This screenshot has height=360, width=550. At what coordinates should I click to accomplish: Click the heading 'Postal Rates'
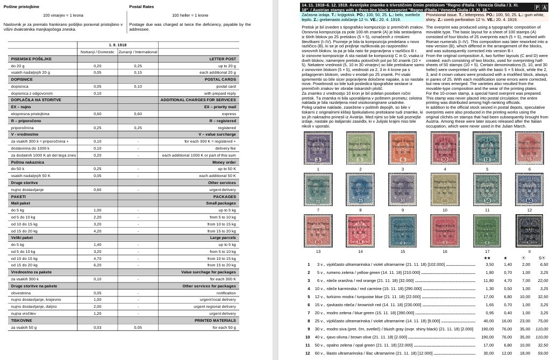pyautogui.click(x=141, y=7)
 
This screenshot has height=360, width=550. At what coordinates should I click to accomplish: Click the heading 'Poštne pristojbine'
pyautogui.click(x=22, y=7)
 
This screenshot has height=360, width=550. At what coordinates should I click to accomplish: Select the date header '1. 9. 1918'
pyautogui.click(x=117, y=45)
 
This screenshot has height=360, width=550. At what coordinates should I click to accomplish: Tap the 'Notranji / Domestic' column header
pyautogui.click(x=97, y=52)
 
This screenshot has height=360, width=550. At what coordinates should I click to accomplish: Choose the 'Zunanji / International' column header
pyautogui.click(x=138, y=52)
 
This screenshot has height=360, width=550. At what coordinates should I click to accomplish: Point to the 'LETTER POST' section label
pyautogui.click(x=223, y=59)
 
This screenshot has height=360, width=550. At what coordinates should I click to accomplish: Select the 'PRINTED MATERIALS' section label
pyautogui.click(x=215, y=320)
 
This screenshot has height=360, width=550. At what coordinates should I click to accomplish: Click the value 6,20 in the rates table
pyautogui.click(x=97, y=265)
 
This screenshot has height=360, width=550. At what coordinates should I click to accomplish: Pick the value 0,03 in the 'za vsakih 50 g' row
pyautogui.click(x=97, y=327)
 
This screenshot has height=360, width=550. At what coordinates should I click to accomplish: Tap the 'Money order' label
pyautogui.click(x=224, y=162)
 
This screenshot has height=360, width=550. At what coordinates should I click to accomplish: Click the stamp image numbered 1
pyautogui.click(x=318, y=148)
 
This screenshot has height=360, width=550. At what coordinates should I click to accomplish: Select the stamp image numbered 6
pyautogui.click(x=529, y=148)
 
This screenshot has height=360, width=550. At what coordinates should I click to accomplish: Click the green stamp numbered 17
pyautogui.click(x=487, y=231)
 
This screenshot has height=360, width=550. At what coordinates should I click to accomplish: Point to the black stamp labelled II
pyautogui.click(x=529, y=231)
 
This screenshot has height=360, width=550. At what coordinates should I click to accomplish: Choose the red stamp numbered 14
pyautogui.click(x=360, y=231)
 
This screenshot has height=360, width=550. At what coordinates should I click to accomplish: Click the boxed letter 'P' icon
pyautogui.click(x=537, y=8)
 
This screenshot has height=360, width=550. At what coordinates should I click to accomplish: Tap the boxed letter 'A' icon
pyautogui.click(x=544, y=8)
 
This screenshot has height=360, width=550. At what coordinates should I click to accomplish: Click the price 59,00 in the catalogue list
pyautogui.click(x=542, y=353)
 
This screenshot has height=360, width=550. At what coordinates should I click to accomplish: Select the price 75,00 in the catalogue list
pyautogui.click(x=542, y=321)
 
